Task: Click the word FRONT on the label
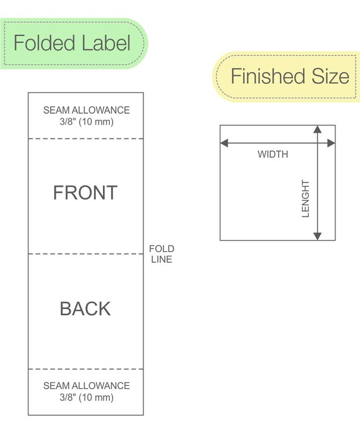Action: pos(85,193)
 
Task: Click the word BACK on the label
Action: pos(85,309)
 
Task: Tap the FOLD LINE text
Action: pos(162,254)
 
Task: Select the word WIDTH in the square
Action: pos(273,154)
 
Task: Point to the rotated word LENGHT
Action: pos(306,198)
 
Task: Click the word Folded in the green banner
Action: pos(44,43)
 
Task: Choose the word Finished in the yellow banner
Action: pos(268,76)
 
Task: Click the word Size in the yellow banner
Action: pos(330,76)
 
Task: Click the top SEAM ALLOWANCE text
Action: pos(87,110)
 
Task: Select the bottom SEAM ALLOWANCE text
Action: pos(87,386)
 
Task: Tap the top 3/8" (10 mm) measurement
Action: pos(87,122)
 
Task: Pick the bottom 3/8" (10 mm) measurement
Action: pos(87,397)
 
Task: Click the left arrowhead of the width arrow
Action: pos(224,143)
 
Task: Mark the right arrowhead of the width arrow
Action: pos(332,143)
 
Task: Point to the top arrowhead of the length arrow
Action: pos(318,129)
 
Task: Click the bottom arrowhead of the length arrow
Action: pos(318,236)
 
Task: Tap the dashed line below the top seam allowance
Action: pos(86,138)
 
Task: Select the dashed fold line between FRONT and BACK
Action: pos(86,254)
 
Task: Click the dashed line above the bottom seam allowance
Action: pos(86,369)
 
